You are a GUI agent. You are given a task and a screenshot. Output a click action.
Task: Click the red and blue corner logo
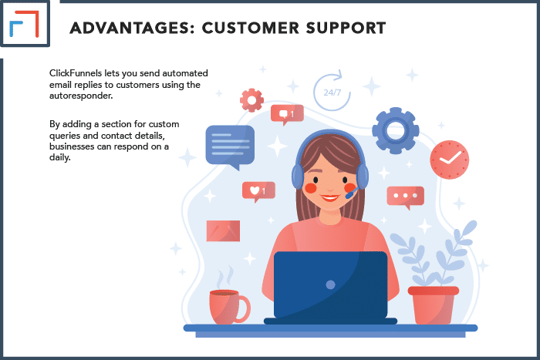25,24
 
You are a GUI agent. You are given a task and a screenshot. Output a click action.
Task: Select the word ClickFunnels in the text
76,73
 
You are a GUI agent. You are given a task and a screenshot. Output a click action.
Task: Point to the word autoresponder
81,96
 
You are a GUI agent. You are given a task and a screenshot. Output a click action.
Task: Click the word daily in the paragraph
60,157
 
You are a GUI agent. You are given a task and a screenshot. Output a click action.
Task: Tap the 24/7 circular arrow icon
332,90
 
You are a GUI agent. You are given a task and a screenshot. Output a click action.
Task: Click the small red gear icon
251,100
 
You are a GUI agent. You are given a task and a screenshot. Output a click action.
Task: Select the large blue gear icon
395,130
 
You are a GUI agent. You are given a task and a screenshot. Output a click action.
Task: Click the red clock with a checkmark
449,160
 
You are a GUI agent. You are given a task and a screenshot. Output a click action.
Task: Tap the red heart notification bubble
258,191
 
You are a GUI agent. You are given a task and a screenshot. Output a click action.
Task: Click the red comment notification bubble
287,114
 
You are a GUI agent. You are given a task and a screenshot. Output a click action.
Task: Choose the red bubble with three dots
405,197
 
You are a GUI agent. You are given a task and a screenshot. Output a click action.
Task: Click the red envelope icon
223,231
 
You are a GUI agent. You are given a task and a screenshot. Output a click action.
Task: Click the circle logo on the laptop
330,284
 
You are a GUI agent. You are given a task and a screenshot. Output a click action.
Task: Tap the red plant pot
434,305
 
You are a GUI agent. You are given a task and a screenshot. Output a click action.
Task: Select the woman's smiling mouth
329,198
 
